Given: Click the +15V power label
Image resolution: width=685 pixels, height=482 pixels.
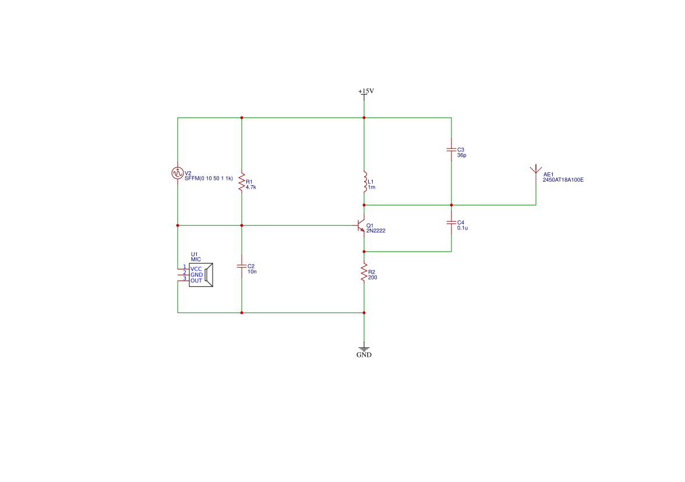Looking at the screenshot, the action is (366, 91).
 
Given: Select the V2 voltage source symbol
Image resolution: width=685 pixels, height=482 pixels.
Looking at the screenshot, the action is (177, 173).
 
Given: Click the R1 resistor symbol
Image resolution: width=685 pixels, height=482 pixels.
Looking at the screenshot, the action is (242, 182).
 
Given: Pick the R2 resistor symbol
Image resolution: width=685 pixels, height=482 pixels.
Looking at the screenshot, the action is (364, 272).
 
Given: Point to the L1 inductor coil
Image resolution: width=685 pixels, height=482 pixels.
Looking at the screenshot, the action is (365, 182).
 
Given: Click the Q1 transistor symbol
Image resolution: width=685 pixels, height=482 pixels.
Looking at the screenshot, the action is (359, 226).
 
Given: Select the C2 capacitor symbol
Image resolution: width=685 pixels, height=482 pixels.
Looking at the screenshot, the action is (242, 266).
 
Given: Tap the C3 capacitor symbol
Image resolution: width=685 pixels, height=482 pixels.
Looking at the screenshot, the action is (451, 150).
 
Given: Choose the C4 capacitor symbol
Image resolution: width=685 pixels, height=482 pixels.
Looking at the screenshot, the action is (451, 222).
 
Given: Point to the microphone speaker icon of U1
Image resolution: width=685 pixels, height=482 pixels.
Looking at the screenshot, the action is (209, 275).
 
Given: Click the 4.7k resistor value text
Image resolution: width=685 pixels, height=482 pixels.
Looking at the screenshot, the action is (250, 187).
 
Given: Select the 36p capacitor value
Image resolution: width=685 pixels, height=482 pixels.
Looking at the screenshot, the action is (462, 155).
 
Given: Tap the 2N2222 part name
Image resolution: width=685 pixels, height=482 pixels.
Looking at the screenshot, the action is (376, 231).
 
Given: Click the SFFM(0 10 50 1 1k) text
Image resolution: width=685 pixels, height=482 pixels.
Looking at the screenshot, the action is (209, 179).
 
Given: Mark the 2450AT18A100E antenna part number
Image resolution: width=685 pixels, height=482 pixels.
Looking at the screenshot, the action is (563, 180).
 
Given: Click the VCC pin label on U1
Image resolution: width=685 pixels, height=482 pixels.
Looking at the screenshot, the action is (196, 269).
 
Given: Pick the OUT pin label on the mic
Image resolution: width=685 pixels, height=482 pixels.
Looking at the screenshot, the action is (196, 281).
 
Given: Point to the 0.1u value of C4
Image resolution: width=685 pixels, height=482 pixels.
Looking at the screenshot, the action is (462, 228).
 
